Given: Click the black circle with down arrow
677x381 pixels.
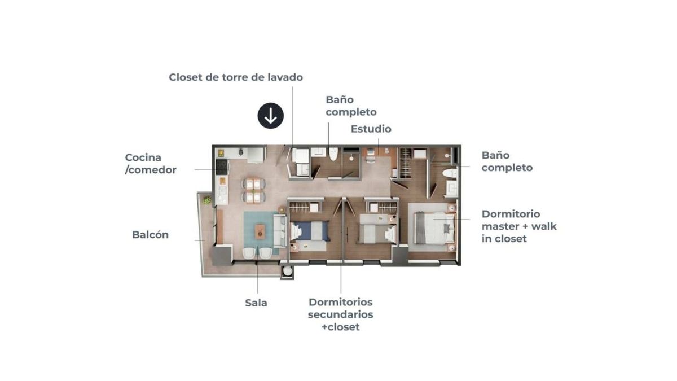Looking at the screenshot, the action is click(x=270, y=116).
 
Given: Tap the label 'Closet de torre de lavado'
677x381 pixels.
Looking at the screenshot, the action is click(x=236, y=77).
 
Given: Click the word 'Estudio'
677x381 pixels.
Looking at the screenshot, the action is click(x=371, y=129).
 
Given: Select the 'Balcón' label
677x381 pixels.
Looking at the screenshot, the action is click(x=150, y=235).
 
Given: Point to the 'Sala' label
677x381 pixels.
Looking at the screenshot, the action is click(x=256, y=303).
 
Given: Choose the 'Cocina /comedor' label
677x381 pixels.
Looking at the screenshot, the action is click(x=151, y=164).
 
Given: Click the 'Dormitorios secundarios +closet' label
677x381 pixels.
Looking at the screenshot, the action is click(x=341, y=314).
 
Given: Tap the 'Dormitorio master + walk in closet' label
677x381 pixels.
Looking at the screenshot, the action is click(x=519, y=226).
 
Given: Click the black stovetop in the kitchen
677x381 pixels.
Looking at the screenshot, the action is click(x=222, y=167).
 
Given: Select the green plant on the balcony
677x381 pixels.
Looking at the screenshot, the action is click(x=207, y=200).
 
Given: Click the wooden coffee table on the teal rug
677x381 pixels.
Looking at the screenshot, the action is click(x=260, y=231).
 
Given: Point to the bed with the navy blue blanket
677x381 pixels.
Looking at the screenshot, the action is click(x=310, y=231).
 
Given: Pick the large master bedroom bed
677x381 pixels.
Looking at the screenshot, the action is click(x=434, y=227).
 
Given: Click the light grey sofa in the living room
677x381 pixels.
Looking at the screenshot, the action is click(x=280, y=231).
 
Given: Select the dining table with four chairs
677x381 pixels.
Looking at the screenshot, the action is click(x=253, y=191).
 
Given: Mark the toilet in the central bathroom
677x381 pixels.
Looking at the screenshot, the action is click(x=333, y=154).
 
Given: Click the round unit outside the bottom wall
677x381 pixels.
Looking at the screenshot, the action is click(x=287, y=271).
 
